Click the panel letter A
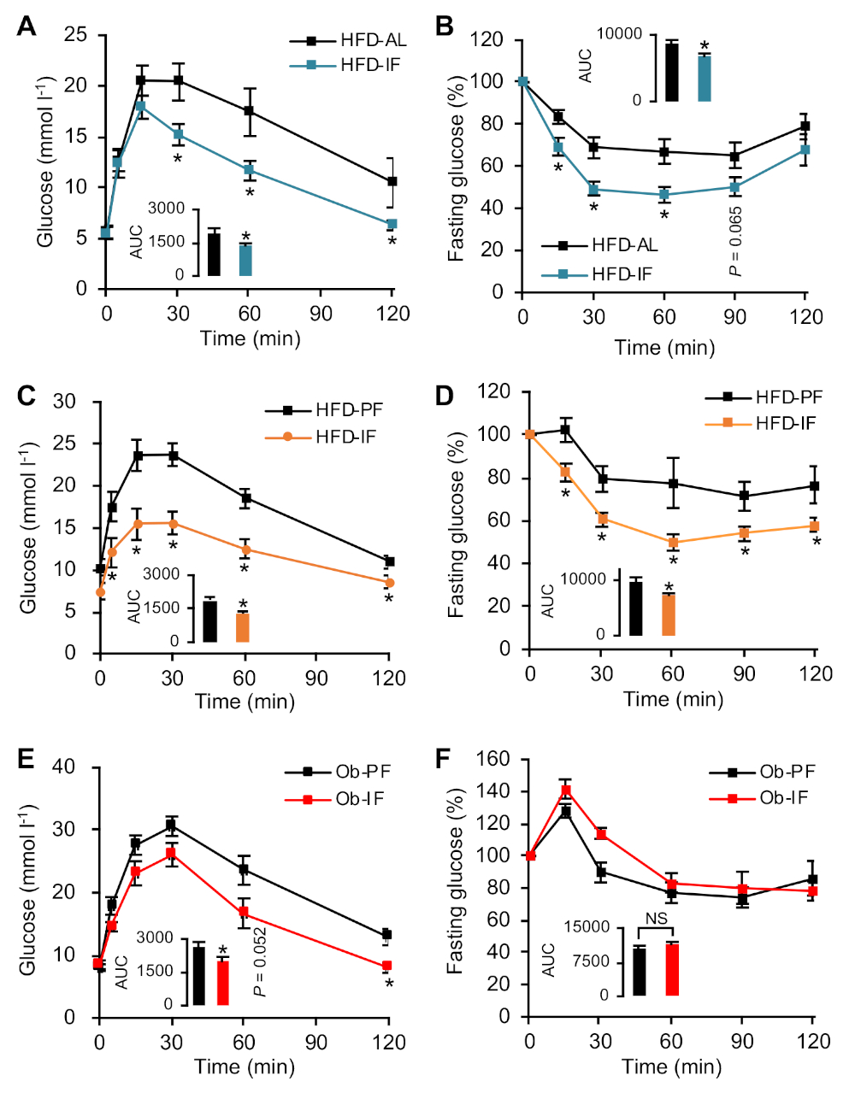(27, 27)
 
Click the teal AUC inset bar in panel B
(705, 79)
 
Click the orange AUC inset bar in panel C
(243, 627)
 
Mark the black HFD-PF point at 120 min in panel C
(389, 561)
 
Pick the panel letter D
(444, 397)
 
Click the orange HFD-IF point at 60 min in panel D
(673, 542)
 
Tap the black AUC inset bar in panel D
(635, 608)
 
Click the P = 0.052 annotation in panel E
(260, 961)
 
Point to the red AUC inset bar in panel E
(223, 983)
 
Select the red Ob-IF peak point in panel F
(565, 790)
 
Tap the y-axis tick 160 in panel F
(498, 759)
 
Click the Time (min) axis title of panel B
(664, 347)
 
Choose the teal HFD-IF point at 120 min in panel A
(392, 224)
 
